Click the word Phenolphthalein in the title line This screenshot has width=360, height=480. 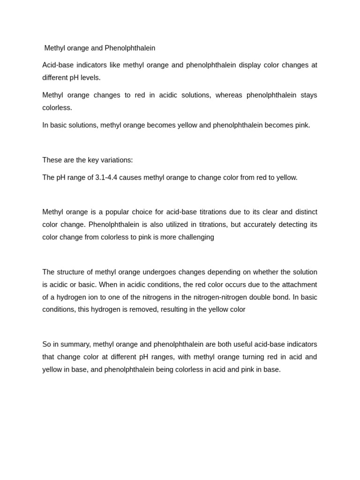tap(130, 48)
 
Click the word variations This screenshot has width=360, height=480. tap(117, 160)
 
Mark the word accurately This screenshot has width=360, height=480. tap(258, 225)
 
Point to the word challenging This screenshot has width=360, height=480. tap(194, 237)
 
